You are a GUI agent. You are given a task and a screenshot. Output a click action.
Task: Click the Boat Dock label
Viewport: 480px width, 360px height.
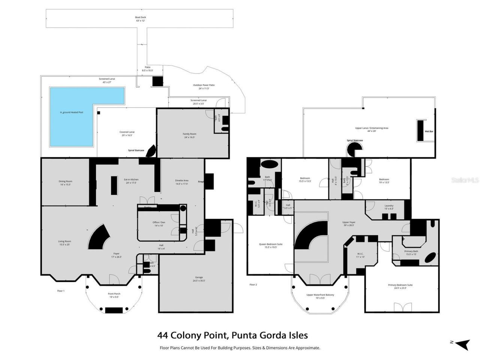(141, 19)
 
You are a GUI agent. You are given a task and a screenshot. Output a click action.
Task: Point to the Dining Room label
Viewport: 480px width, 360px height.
(65, 183)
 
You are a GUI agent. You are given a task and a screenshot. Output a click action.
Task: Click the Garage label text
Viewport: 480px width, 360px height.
(199, 279)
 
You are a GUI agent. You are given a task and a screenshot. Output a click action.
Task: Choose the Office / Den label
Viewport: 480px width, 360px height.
(160, 224)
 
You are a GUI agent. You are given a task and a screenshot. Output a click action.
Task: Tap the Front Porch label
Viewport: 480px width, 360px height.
(114, 295)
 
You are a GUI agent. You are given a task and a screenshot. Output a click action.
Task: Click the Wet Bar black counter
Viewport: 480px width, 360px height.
(420, 130)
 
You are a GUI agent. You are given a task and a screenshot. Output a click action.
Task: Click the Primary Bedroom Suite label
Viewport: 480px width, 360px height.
(400, 286)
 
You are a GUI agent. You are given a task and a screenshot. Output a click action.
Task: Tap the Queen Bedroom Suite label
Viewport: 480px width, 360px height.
(271, 246)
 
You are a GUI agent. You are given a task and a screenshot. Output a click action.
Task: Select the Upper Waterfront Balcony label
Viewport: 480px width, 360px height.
(320, 297)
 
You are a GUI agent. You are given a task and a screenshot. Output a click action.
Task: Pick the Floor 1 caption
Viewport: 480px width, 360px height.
(61, 291)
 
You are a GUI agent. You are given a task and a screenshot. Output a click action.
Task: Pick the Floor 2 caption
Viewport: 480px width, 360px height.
(253, 285)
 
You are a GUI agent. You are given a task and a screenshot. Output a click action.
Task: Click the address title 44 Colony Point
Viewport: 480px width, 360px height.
(232, 335)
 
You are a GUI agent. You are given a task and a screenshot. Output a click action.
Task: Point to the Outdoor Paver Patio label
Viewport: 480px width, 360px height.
(204, 87)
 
